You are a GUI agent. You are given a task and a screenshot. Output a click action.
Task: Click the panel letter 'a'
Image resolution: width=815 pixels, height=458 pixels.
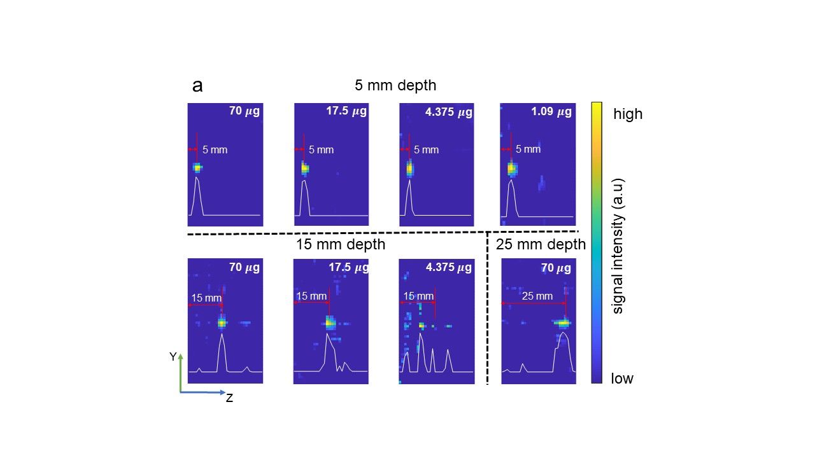(197, 86)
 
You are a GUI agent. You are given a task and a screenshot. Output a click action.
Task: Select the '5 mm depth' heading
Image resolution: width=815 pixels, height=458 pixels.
(395, 85)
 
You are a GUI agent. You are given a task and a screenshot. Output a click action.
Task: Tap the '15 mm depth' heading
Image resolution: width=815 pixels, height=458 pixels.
(341, 244)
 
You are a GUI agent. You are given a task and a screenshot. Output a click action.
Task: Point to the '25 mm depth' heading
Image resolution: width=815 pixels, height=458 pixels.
(541, 244)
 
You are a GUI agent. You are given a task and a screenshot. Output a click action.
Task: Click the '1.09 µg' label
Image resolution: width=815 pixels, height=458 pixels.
(551, 112)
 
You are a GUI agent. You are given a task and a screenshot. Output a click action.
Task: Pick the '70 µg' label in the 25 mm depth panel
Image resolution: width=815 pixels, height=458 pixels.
(556, 268)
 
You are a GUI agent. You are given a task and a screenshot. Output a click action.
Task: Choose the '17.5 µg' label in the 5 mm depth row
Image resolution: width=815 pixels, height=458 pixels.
(346, 111)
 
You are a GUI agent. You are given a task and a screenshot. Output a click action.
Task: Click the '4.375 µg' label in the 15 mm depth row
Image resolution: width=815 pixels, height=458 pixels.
(449, 267)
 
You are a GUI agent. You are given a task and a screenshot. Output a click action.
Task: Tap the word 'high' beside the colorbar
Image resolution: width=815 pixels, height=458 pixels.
(628, 114)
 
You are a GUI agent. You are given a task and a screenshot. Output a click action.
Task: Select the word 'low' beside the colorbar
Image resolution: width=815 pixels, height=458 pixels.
(622, 378)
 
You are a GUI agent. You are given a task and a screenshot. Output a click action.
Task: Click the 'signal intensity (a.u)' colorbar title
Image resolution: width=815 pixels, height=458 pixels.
(617, 246)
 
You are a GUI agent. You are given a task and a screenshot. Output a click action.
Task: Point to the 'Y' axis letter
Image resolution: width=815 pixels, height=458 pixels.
(173, 357)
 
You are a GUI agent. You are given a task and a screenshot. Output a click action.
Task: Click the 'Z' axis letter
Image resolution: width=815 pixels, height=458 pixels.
(229, 398)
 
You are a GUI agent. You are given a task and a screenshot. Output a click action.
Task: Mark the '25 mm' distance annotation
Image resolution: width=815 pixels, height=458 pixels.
(537, 296)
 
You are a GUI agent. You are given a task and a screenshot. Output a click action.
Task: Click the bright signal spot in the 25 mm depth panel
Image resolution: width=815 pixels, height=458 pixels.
(562, 323)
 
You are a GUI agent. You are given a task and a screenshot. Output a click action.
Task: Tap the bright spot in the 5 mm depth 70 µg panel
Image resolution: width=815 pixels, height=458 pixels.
(197, 168)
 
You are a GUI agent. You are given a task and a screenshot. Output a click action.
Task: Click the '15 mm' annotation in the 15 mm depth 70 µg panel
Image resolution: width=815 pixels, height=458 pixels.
(206, 298)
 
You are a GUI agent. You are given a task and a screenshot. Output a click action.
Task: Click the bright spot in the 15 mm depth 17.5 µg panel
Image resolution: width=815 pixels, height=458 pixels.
(329, 323)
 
